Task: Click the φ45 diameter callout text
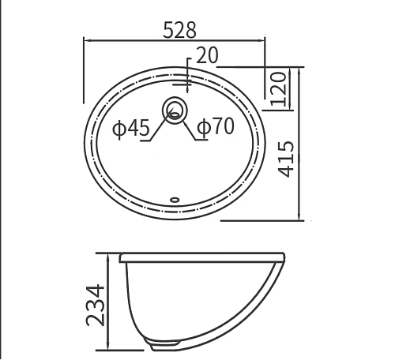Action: (x=130, y=128)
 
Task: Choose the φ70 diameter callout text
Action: (x=215, y=127)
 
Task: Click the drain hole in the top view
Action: (x=175, y=108)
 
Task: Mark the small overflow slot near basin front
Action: (x=175, y=199)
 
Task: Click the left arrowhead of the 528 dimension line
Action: (x=87, y=39)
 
